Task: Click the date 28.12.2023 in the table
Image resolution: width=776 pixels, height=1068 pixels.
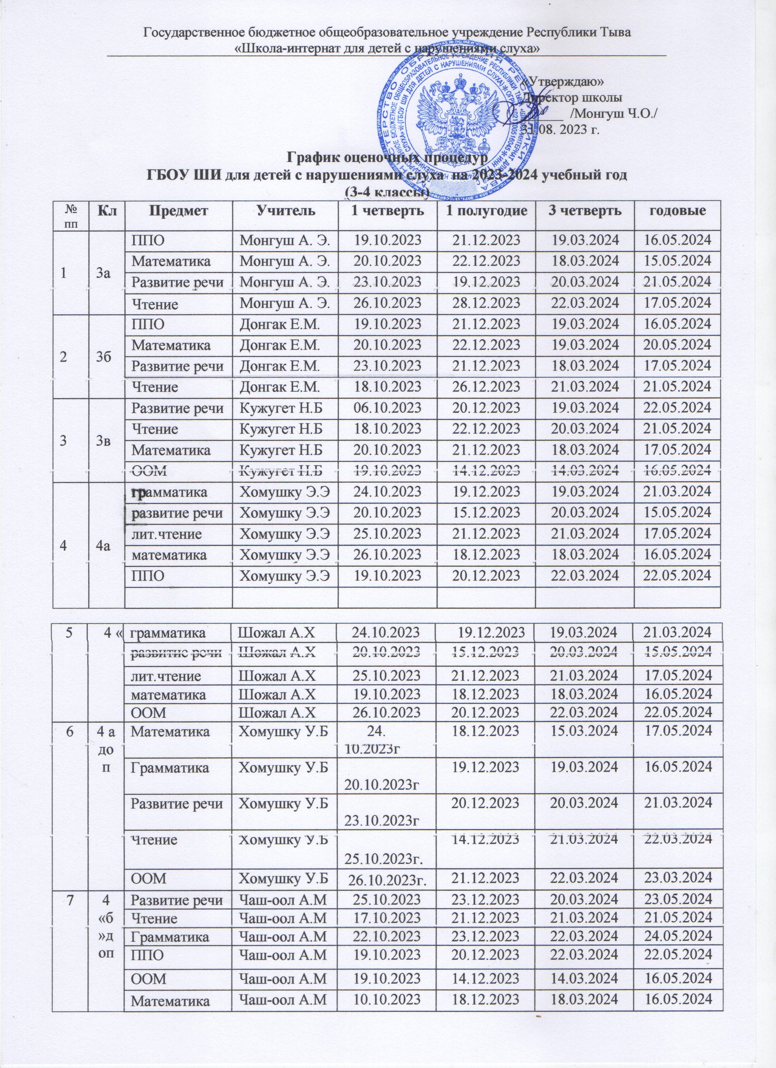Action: point(486,304)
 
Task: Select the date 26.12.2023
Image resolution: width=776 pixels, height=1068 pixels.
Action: point(486,387)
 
